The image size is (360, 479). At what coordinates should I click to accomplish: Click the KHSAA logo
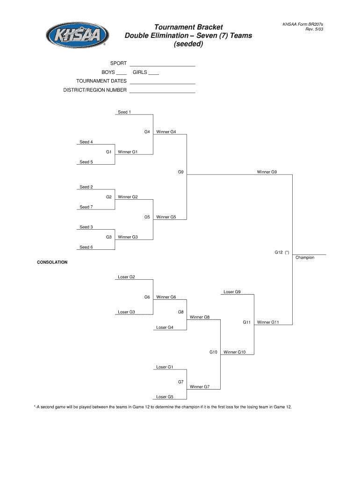tap(78, 35)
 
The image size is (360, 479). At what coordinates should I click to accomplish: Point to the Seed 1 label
tap(124, 112)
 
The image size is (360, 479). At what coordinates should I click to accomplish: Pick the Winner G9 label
tap(267, 172)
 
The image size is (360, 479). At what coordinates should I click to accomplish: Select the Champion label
tap(305, 258)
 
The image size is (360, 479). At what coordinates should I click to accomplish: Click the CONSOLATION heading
tap(52, 262)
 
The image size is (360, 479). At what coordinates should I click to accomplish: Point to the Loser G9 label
tap(232, 292)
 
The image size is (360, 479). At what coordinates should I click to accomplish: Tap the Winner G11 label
tap(268, 322)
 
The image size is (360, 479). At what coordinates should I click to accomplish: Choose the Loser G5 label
tap(165, 397)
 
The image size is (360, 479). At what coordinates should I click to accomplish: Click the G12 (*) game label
tap(281, 253)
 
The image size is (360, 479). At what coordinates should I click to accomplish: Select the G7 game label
tap(180, 382)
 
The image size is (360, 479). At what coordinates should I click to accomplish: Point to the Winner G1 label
tap(128, 152)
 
